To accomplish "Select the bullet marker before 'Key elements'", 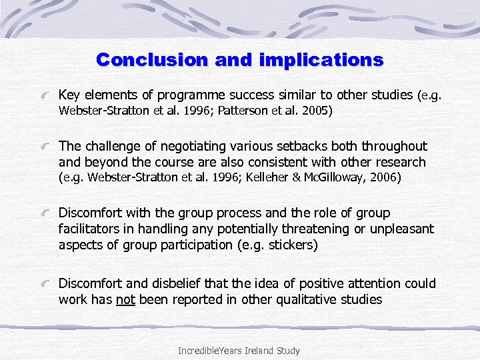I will pyautogui.click(x=46, y=95).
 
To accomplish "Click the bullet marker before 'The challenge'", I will pyautogui.click(x=46, y=146).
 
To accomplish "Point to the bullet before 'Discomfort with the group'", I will pyautogui.click(x=46, y=213).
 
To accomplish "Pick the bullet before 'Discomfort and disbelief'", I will pyautogui.click(x=46, y=283).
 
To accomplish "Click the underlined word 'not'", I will pyautogui.click(x=125, y=300).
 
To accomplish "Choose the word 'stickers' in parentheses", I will pyautogui.click(x=290, y=245).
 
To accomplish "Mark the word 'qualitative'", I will pyautogui.click(x=303, y=300).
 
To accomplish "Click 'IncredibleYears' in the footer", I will pyautogui.click(x=211, y=351).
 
